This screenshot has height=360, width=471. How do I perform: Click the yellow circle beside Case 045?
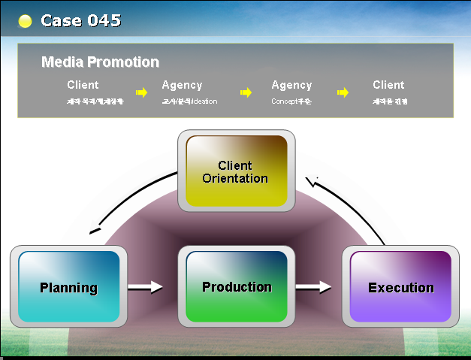[x=25, y=21]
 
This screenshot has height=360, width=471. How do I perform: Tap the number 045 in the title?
[x=104, y=21]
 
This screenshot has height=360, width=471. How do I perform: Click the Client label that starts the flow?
[x=83, y=85]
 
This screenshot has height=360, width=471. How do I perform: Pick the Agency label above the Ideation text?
[x=182, y=85]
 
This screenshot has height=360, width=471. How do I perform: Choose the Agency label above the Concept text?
[x=291, y=85]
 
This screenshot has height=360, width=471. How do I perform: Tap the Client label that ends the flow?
[x=388, y=85]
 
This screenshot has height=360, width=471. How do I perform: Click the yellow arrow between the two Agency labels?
[x=246, y=92]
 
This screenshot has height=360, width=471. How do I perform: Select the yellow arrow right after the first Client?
[x=141, y=92]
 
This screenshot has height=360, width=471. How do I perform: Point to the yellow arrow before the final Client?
[x=343, y=92]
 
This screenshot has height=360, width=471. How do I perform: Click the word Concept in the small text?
[x=284, y=101]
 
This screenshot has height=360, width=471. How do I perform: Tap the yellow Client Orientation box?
[x=236, y=171]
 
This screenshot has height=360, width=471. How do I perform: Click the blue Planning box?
[x=68, y=286]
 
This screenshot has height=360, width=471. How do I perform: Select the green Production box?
[x=236, y=286]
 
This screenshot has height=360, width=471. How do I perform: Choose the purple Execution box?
[x=400, y=286]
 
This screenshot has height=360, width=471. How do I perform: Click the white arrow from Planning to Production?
[x=145, y=286]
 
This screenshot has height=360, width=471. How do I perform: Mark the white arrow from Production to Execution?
[x=313, y=286]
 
